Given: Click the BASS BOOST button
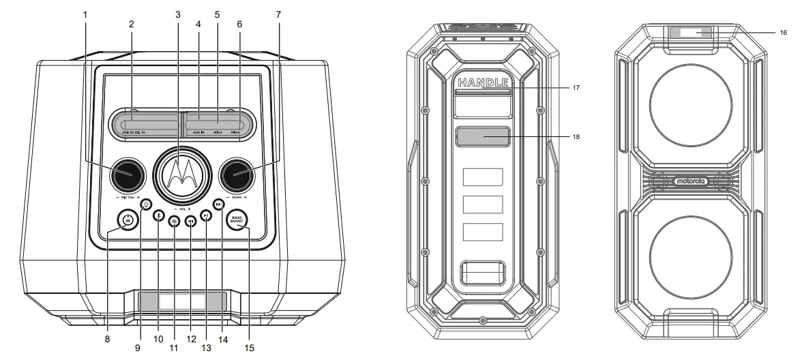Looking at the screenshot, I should click(237, 220).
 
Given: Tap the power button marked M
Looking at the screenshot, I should click(127, 220).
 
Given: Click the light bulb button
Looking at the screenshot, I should click(146, 203).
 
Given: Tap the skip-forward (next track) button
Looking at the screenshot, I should click(218, 203).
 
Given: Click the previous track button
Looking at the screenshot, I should click(191, 220).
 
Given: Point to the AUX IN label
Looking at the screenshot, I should click(198, 132).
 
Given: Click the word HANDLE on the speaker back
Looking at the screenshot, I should click(483, 82).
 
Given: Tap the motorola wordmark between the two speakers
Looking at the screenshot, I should click(690, 181).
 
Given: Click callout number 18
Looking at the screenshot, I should click(576, 136).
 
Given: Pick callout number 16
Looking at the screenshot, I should click(783, 33).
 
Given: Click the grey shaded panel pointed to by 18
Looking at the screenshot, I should click(483, 136).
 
